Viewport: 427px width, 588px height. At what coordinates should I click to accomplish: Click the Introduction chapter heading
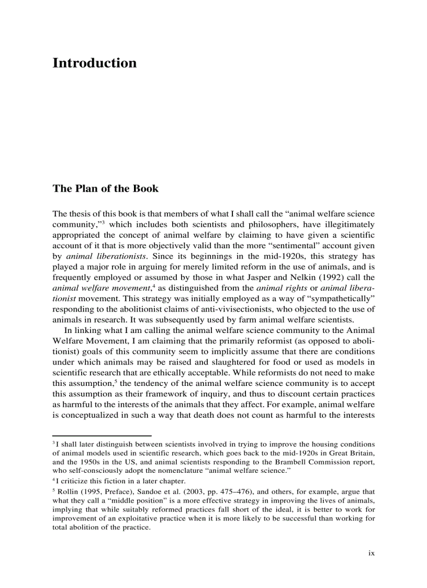coord(94,63)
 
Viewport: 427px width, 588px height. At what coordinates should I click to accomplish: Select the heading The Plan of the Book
coord(105,188)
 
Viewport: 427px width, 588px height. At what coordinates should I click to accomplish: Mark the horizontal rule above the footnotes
coord(102,436)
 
